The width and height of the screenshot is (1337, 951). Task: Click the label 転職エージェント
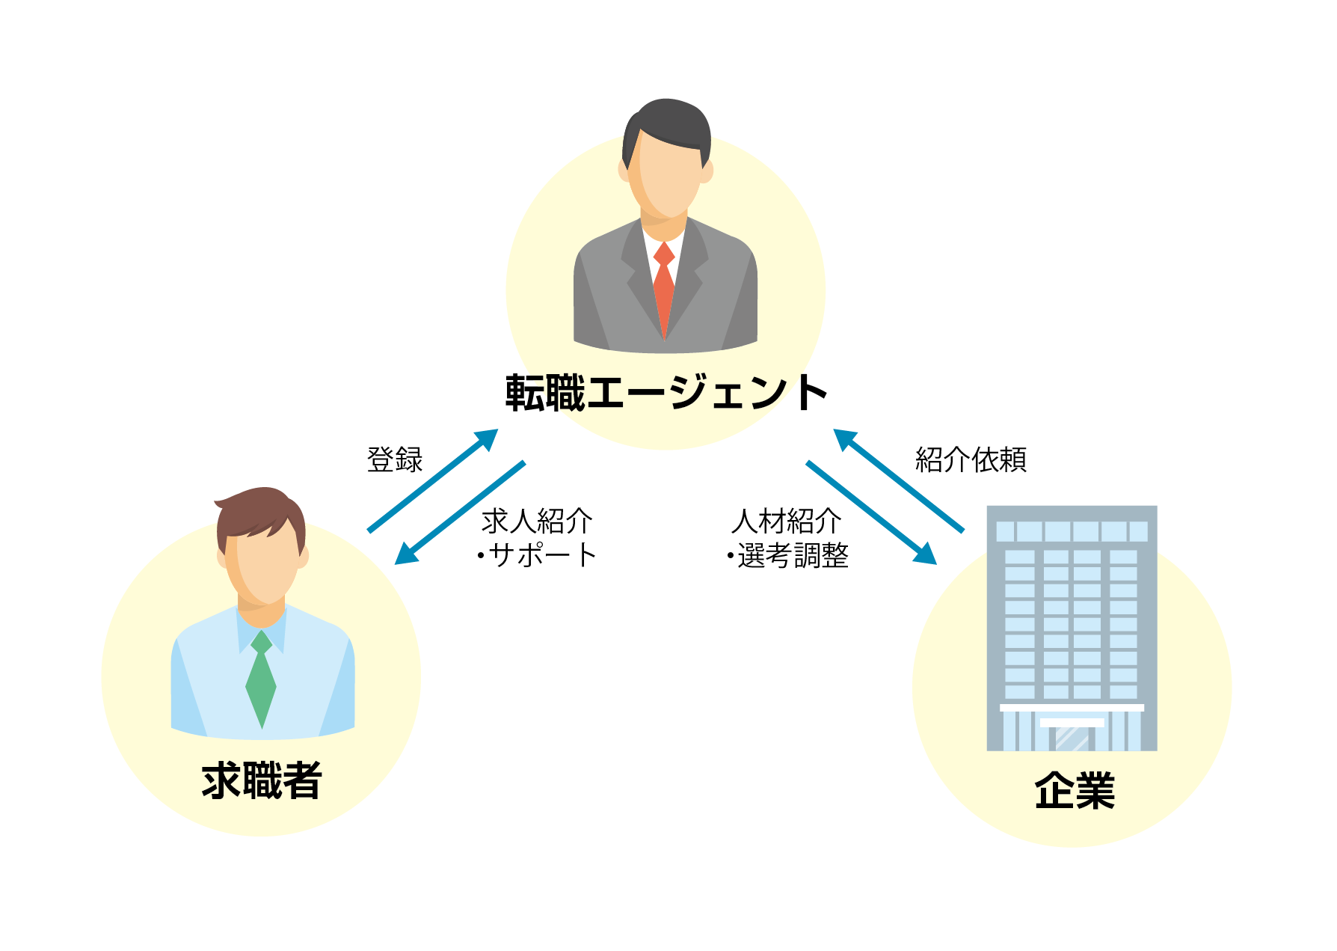tap(666, 393)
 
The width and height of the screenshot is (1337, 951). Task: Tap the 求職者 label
tap(262, 780)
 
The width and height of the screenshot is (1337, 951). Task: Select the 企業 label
tap(1075, 790)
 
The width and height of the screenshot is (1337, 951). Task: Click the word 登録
tap(395, 459)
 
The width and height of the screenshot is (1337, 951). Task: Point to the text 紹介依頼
tap(971, 459)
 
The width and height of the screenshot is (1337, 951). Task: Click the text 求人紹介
tap(537, 522)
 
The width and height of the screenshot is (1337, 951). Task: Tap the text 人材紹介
tap(787, 522)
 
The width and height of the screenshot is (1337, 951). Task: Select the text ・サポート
tap(537, 555)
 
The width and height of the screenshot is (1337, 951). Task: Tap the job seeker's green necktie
tap(261, 677)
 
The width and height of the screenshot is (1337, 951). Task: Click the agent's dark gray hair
tap(666, 120)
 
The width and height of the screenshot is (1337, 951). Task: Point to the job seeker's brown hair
tap(262, 509)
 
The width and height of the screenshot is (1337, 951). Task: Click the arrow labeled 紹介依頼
tap(899, 480)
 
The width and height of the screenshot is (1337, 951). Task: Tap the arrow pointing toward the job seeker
tap(459, 513)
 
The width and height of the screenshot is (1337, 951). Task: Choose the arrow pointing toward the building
tap(871, 513)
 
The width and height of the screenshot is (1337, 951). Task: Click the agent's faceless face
tap(666, 176)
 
